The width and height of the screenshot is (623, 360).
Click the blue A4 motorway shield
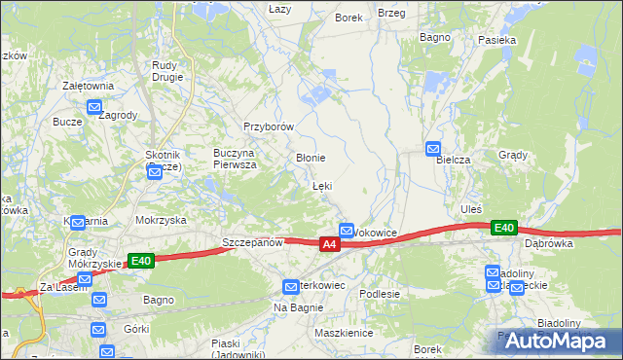tap(330, 244)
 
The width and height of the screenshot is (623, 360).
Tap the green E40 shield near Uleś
tap(503, 228)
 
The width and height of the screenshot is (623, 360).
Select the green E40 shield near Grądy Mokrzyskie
tap(141, 260)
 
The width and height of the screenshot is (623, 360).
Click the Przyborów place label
tap(269, 126)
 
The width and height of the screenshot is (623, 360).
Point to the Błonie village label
tap(310, 157)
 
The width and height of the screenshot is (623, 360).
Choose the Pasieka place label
tap(496, 41)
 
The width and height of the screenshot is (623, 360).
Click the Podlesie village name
tap(380, 294)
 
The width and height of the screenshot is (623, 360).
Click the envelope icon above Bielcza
tap(433, 148)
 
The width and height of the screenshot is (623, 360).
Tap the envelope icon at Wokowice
tap(347, 230)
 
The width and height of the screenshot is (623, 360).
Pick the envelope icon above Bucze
tap(94, 108)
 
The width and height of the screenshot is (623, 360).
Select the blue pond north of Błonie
tap(316, 95)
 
